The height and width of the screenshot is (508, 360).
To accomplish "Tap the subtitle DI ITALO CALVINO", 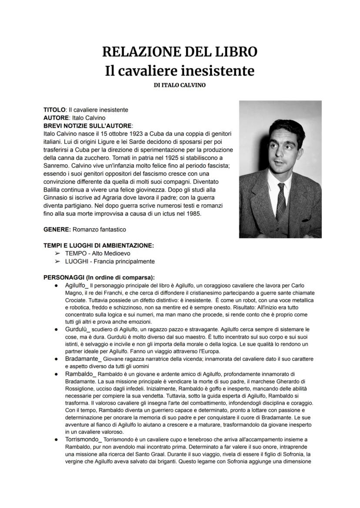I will tap(180, 85).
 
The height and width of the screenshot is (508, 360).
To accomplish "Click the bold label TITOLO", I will tap(54, 110).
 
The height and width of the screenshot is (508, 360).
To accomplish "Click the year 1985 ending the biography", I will tap(192, 214).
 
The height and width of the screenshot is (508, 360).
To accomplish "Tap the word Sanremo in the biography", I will tap(55, 166).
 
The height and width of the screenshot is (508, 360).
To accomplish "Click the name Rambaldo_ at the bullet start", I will tap(79, 374).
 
